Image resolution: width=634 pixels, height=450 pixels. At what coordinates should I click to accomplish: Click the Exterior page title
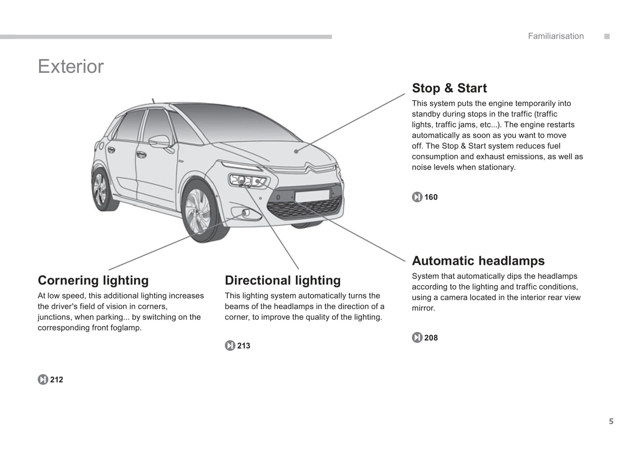click(x=71, y=67)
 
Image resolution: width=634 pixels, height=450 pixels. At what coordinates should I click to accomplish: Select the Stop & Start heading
click(x=449, y=88)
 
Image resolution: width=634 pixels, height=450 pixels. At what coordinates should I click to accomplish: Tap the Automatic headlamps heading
click(x=478, y=261)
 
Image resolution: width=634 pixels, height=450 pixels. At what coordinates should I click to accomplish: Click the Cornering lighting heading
click(x=93, y=280)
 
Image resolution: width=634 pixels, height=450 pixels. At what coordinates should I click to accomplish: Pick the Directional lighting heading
click(x=283, y=280)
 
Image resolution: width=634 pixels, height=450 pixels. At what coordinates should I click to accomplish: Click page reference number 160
click(x=431, y=197)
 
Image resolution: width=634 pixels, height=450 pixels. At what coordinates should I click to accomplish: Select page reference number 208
click(x=431, y=338)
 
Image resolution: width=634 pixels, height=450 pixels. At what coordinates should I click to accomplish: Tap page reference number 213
click(x=244, y=346)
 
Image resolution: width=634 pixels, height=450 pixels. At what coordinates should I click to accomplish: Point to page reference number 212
click(x=57, y=380)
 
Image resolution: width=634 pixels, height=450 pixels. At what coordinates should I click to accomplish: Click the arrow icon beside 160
click(x=417, y=197)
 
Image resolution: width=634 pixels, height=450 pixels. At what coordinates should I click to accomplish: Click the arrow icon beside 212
click(x=43, y=380)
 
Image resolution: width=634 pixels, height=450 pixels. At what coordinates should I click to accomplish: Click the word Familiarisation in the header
click(x=555, y=36)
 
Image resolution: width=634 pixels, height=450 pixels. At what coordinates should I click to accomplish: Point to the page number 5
click(x=611, y=421)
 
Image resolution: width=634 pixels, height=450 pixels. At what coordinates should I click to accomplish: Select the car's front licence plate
click(x=312, y=196)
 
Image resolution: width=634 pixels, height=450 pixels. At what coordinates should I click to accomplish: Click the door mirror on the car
click(x=159, y=141)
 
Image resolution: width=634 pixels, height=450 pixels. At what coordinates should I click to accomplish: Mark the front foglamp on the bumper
click(x=245, y=214)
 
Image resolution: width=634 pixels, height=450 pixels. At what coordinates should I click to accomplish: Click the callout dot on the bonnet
click(x=297, y=151)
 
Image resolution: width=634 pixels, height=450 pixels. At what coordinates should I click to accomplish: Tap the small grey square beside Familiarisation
click(x=607, y=36)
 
